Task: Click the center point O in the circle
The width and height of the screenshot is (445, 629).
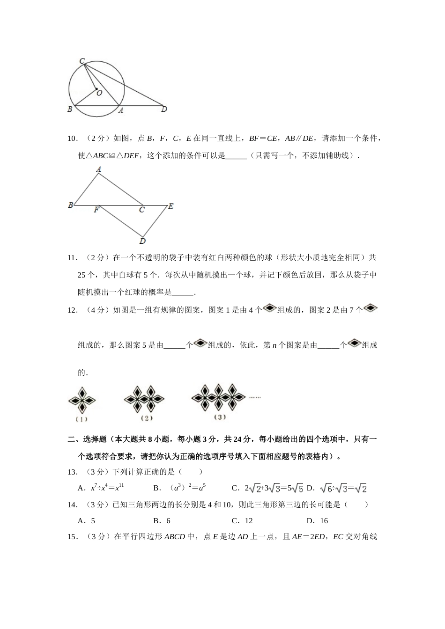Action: pos(96,88)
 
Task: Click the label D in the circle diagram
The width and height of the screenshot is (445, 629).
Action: pos(164,110)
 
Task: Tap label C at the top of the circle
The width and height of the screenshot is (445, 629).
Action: pos(82,61)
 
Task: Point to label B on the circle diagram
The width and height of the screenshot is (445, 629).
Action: pos(70,110)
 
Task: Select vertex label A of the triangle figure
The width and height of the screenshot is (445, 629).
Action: pos(98,169)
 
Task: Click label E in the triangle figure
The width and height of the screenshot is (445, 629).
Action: pos(171,206)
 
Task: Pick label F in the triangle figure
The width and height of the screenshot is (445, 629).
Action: pos(96,210)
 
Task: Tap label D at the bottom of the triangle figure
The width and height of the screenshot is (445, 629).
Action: pos(142,241)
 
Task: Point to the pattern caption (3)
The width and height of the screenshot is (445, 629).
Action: pos(219,417)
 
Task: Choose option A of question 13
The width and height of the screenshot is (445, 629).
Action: pos(101,488)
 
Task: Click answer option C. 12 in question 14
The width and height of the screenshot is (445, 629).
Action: pos(242,520)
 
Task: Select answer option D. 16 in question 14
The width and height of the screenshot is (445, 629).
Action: pos(317,520)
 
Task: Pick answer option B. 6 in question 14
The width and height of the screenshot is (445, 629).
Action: pos(162,520)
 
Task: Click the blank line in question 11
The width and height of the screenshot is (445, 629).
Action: pos(183,293)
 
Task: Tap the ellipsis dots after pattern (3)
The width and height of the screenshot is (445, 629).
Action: pos(255,397)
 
